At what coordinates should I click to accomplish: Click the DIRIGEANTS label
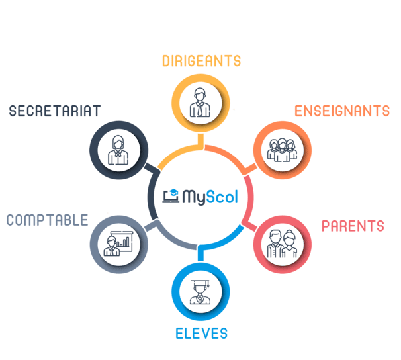[201, 62]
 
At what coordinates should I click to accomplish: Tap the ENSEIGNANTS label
[342, 111]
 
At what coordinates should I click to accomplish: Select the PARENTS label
[353, 226]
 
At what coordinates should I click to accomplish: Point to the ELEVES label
[201, 333]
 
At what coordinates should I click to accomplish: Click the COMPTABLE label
[48, 220]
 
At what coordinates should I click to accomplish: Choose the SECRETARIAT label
[54, 111]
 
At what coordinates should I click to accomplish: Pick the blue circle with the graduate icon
[200, 292]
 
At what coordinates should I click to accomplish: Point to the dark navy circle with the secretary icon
[118, 149]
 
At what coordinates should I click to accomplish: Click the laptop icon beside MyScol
[171, 195]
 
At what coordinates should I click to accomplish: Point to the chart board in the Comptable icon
[126, 238]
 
